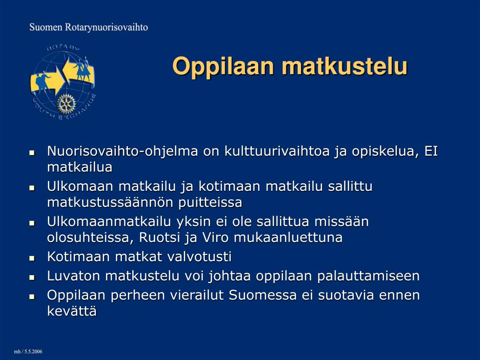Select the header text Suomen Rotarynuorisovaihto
tap(89, 27)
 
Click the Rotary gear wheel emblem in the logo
tap(66, 104)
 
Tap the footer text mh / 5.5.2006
tap(28, 352)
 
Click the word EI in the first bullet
tap(431, 151)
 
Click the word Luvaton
tap(74, 276)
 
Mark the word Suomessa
tap(262, 295)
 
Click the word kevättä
tap(72, 311)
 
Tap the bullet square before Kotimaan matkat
tap(32, 258)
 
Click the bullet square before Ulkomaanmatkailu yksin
tap(32, 223)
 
